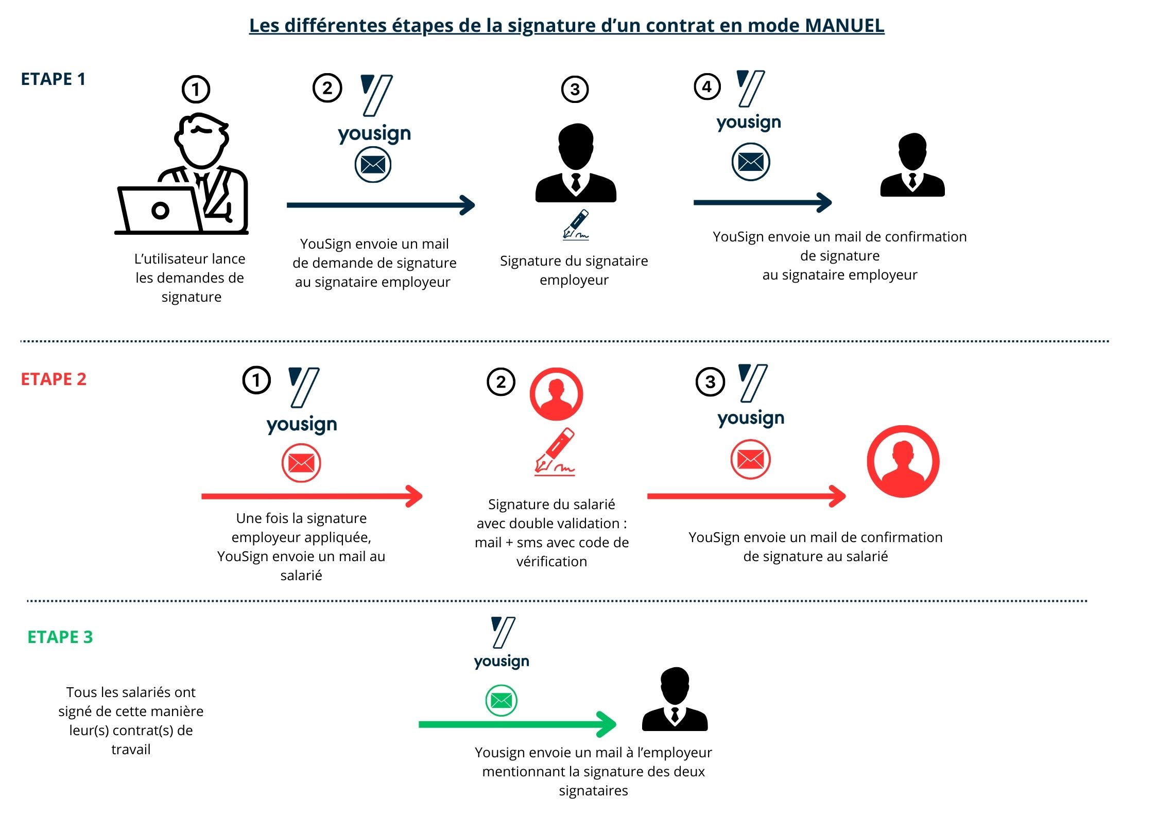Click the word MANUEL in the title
pyautogui.click(x=844, y=25)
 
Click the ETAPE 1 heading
pyautogui.click(x=53, y=79)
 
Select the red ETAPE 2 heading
pyautogui.click(x=54, y=379)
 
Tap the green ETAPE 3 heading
pyautogui.click(x=60, y=637)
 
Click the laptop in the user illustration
pyautogui.click(x=159, y=210)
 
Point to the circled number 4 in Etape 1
pyautogui.click(x=707, y=86)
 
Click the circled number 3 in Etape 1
pyautogui.click(x=575, y=90)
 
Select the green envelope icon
pyautogui.click(x=501, y=701)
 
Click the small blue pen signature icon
pyautogui.click(x=576, y=225)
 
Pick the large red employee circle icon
pyautogui.click(x=903, y=461)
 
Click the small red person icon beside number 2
pyautogui.click(x=556, y=394)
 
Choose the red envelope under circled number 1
pyautogui.click(x=301, y=463)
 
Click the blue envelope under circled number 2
pyautogui.click(x=373, y=165)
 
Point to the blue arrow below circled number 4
pyautogui.click(x=762, y=202)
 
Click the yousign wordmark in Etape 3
pyautogui.click(x=502, y=661)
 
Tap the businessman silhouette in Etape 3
pyautogui.click(x=675, y=700)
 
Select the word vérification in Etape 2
pyautogui.click(x=551, y=562)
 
